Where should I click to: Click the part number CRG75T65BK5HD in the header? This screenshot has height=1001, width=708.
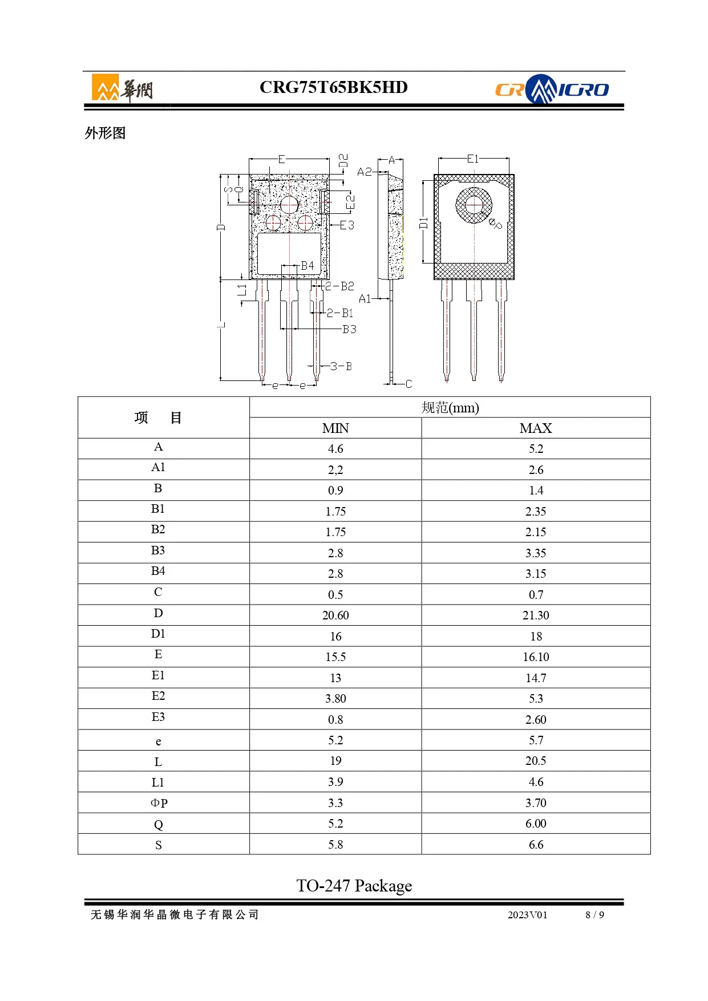click(333, 87)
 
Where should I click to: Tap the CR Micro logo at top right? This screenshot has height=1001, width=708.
click(551, 89)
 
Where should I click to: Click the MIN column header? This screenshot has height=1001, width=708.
click(335, 428)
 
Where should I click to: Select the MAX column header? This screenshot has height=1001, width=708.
click(536, 428)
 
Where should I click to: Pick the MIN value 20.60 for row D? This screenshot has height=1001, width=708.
click(335, 615)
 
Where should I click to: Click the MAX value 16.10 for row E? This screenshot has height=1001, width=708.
click(536, 656)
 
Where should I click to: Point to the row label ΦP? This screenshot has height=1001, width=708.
click(159, 803)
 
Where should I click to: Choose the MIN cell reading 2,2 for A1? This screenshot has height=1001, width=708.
click(335, 469)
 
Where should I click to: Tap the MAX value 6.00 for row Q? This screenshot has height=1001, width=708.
click(536, 823)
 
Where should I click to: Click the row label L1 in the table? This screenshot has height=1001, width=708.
click(158, 782)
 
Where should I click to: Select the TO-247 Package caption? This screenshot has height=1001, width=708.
click(354, 885)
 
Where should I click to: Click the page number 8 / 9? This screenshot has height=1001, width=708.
click(594, 915)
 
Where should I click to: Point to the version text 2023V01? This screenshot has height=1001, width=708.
click(527, 915)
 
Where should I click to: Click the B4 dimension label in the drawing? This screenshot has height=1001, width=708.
click(308, 266)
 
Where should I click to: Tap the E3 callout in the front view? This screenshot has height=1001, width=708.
click(347, 225)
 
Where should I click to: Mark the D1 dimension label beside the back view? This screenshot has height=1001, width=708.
click(423, 222)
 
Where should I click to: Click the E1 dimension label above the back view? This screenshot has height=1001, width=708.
click(473, 159)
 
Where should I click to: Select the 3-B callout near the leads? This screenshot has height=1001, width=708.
click(341, 366)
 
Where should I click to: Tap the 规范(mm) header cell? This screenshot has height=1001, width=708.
click(450, 407)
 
